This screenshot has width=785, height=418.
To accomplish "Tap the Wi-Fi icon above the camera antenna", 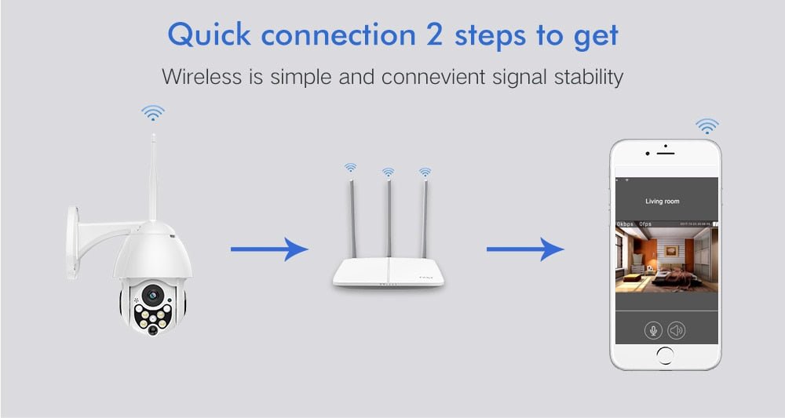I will coord(153,113).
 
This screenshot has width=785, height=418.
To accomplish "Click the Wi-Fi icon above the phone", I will coord(707,125).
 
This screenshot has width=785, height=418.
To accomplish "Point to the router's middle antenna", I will coord(388,220).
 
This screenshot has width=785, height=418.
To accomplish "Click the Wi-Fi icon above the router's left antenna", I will coord(350,167).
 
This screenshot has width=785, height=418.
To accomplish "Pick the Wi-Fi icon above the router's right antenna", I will coord(425,170).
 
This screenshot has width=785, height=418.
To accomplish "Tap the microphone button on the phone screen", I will coord(653,330).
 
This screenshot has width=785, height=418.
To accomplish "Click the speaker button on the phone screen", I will coord(676,330).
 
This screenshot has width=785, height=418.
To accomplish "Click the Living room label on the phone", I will coord(662,202).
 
